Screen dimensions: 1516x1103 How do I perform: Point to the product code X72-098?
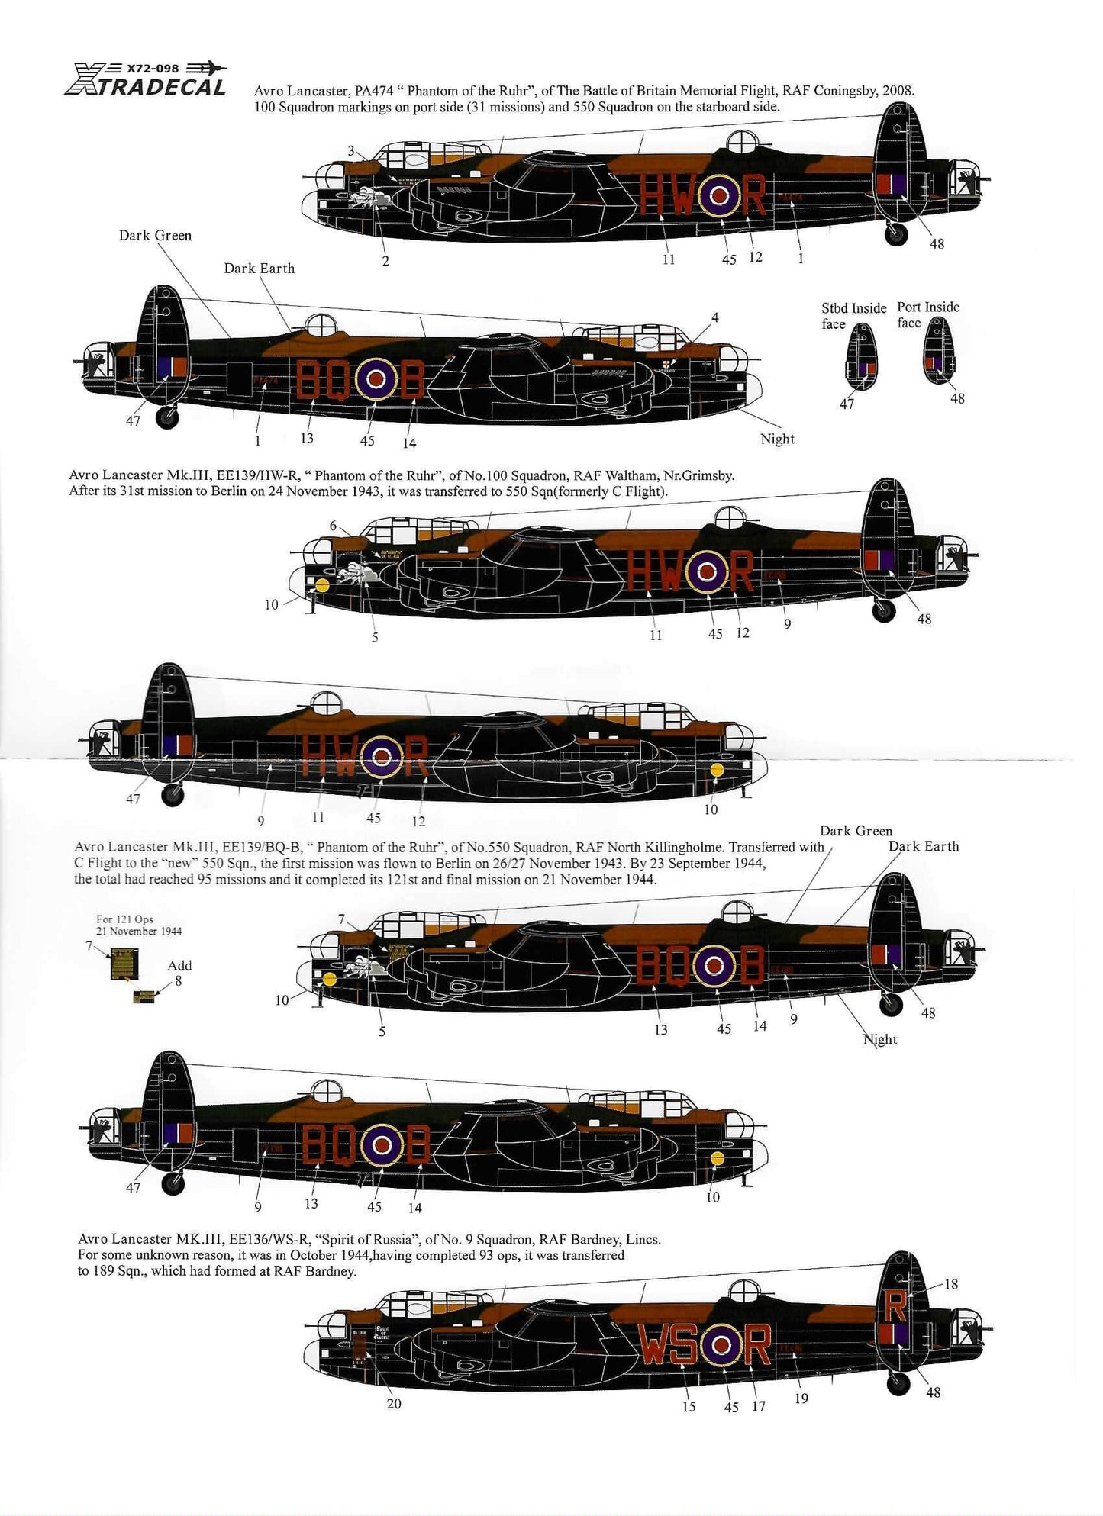click(x=152, y=68)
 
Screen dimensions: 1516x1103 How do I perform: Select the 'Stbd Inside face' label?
click(x=853, y=315)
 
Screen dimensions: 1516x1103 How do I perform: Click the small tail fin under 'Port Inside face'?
click(x=938, y=349)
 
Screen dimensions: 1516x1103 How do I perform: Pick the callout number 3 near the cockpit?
click(x=351, y=151)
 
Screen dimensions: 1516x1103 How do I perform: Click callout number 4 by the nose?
click(x=714, y=317)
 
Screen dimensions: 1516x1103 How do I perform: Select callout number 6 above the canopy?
click(x=334, y=526)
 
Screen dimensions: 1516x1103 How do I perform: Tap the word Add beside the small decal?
click(x=179, y=965)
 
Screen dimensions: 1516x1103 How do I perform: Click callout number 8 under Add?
click(x=178, y=980)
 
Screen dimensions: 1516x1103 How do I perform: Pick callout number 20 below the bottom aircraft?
click(x=394, y=1403)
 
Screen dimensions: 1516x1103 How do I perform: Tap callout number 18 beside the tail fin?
click(x=950, y=1284)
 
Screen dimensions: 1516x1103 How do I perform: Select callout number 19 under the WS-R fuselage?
click(x=801, y=1398)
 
